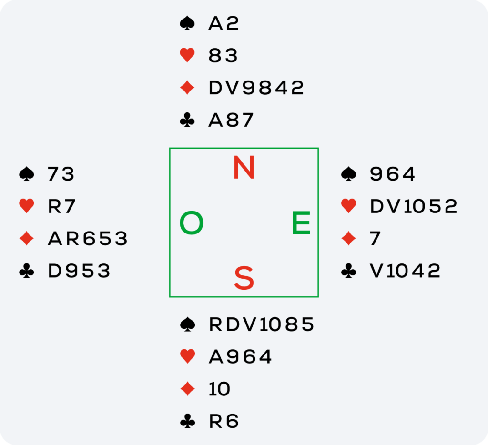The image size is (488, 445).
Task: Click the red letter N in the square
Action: tap(244, 168)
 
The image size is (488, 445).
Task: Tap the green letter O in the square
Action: tap(192, 223)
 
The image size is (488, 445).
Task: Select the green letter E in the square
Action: tap(301, 223)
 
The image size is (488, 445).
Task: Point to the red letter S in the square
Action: tap(244, 278)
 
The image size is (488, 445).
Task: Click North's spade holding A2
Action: tap(224, 24)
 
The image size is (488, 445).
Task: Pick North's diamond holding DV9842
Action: tap(256, 88)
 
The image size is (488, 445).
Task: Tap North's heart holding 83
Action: tap(223, 56)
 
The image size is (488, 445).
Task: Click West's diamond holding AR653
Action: tap(88, 239)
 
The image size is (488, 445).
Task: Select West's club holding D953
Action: tap(79, 271)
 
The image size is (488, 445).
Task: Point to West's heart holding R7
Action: tap(62, 206)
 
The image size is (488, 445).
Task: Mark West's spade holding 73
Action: tap(61, 174)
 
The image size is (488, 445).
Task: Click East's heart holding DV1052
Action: tap(414, 206)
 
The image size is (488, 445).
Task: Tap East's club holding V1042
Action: tap(405, 271)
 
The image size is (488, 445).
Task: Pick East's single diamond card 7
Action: tap(375, 239)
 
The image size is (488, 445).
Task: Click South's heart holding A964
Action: tap(240, 357)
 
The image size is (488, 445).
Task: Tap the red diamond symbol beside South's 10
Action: tap(187, 389)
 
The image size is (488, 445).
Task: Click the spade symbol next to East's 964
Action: tap(349, 174)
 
